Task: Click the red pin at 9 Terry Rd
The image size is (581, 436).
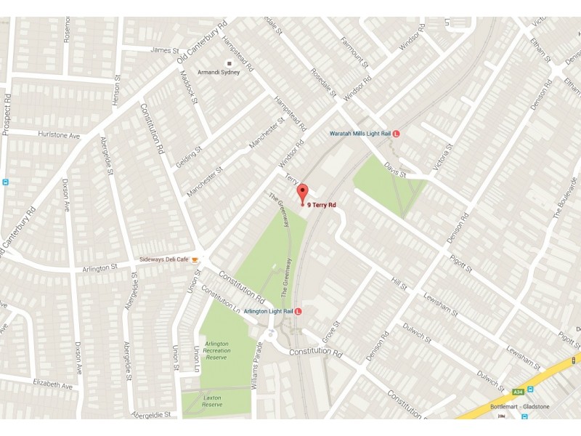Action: [303, 193]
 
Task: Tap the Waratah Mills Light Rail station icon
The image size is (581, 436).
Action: [397, 134]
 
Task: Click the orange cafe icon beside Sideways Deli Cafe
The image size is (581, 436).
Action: [195, 259]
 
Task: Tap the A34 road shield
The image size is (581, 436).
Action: [518, 390]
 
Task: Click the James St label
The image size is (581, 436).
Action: [164, 50]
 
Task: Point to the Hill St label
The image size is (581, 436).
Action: [398, 282]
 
